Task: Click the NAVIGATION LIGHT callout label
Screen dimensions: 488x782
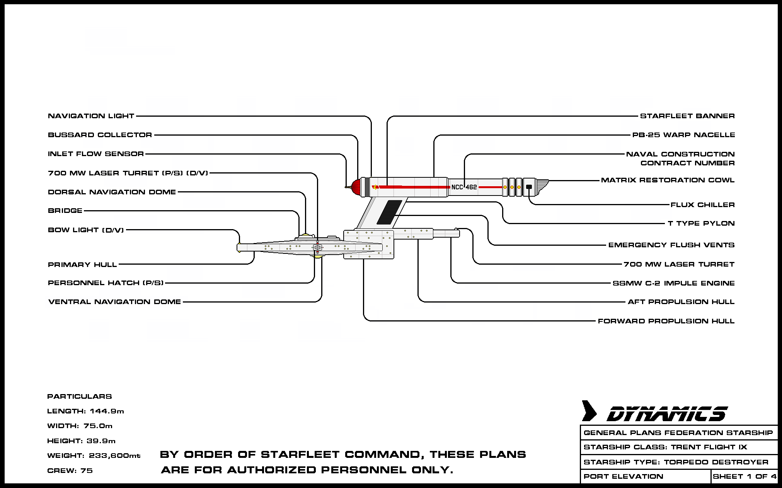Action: click(91, 116)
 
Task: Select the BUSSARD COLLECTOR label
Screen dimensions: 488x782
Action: click(100, 135)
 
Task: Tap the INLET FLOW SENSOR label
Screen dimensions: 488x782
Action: click(95, 154)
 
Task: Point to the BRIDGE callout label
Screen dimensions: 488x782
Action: click(65, 211)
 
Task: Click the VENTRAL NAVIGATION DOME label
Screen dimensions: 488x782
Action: click(114, 302)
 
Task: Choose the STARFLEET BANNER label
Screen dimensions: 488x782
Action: click(687, 116)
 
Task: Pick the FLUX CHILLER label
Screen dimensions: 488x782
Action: click(702, 205)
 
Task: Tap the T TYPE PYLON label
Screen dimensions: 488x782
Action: click(701, 223)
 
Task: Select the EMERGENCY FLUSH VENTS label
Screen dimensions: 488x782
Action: click(671, 245)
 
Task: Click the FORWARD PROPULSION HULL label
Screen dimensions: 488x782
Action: click(666, 321)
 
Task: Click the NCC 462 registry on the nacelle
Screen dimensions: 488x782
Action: click(464, 187)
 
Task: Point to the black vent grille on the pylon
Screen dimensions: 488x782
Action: click(389, 212)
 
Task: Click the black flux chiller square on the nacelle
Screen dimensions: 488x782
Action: click(529, 187)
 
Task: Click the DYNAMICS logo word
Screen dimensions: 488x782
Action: click(667, 414)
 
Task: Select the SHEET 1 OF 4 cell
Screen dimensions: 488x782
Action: click(744, 476)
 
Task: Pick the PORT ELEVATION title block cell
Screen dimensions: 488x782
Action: click(623, 476)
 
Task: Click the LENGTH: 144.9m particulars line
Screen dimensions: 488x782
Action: click(85, 411)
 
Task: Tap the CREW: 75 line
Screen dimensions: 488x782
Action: click(70, 471)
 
